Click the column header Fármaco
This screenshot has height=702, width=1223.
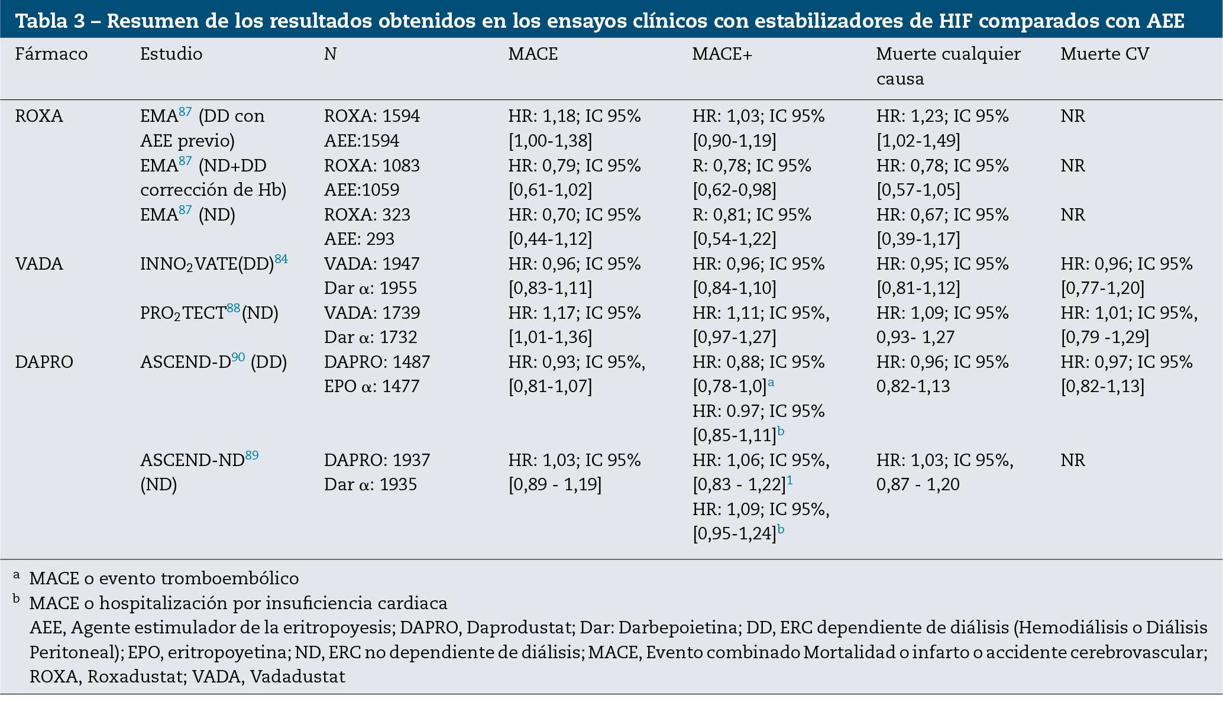(51, 54)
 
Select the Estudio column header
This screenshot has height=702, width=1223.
(171, 54)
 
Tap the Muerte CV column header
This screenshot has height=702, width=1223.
(1104, 54)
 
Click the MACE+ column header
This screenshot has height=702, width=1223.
(721, 54)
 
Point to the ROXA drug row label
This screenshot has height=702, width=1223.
(39, 116)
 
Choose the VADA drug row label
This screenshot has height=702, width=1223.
(39, 264)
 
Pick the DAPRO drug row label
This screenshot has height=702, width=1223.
(44, 362)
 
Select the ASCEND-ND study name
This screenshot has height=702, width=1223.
(192, 460)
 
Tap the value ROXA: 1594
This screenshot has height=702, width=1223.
(371, 116)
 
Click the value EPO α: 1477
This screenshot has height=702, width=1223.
(371, 386)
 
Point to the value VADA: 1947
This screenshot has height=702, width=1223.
(371, 264)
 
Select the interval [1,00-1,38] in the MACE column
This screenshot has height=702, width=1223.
(550, 141)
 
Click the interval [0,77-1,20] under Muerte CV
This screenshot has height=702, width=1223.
(1102, 289)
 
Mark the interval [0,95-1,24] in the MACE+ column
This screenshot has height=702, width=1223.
(734, 534)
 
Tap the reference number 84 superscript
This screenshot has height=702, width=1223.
(281, 258)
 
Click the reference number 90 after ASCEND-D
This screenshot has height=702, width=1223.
(238, 357)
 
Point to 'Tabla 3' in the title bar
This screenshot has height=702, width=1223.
(50, 21)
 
